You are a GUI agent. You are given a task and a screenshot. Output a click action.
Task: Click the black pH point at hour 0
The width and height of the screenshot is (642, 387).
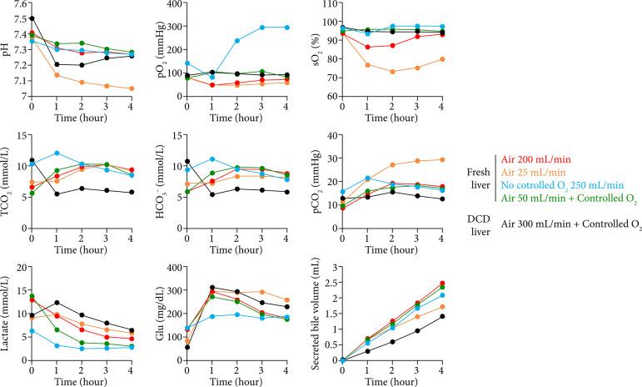32,18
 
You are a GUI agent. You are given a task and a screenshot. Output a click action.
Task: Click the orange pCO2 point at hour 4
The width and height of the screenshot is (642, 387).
443,160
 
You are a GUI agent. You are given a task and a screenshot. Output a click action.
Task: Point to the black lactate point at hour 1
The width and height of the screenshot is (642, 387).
57,303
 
